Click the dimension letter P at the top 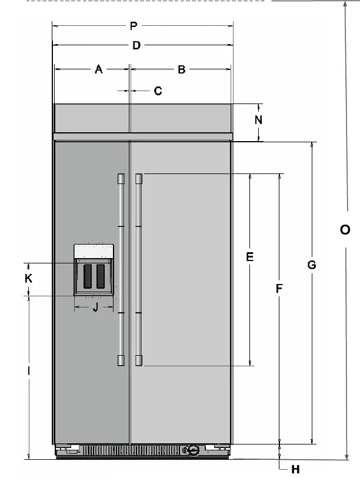(x=134, y=25)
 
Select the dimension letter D (x=136, y=45)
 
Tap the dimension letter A (x=99, y=69)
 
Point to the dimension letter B (x=182, y=69)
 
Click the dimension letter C (x=158, y=91)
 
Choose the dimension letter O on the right (x=345, y=229)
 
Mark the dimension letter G (x=312, y=265)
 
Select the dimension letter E (x=249, y=257)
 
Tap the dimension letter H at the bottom (x=296, y=469)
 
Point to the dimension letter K (x=28, y=279)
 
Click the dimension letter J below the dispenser (x=94, y=307)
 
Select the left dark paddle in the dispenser (x=88, y=276)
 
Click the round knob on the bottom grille (x=192, y=450)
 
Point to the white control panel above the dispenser (x=94, y=251)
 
